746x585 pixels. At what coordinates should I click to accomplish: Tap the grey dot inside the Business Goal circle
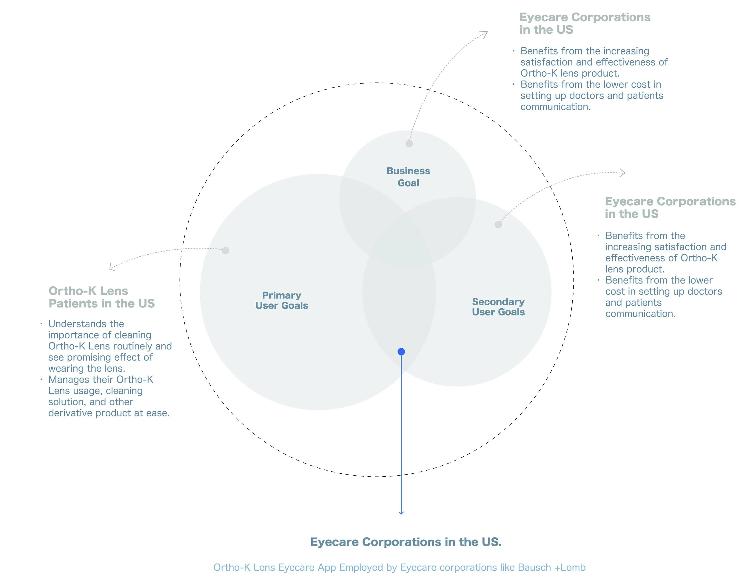point(409,144)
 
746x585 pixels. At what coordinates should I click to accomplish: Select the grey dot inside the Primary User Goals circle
point(225,250)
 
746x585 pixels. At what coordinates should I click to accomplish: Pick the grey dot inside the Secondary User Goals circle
point(498,224)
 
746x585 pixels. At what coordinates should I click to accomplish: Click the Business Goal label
point(408,177)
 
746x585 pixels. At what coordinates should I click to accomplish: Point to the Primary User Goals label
point(281,300)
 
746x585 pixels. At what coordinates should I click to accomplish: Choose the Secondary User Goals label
point(498,307)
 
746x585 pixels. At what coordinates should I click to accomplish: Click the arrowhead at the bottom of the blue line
point(401,513)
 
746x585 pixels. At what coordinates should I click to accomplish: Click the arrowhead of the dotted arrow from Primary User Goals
point(111,267)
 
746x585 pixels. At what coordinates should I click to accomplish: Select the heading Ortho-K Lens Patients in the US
point(101,297)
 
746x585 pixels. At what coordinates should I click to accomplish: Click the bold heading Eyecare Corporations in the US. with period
point(406,542)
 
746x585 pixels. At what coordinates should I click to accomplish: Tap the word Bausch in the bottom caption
point(534,567)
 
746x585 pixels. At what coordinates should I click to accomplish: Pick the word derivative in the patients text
point(70,413)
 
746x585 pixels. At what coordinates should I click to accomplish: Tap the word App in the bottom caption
point(327,567)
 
